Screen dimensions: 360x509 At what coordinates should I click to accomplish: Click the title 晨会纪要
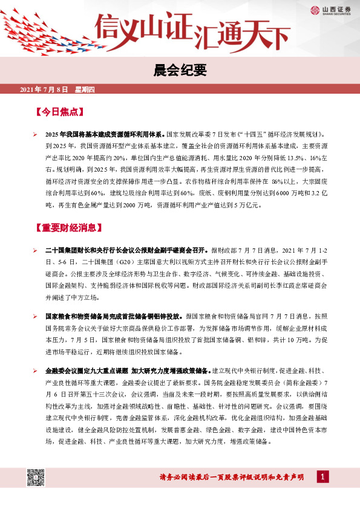(x=180, y=71)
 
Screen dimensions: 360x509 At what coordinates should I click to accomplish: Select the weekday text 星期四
(x=85, y=90)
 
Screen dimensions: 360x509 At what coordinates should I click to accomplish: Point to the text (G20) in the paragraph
(x=125, y=262)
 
